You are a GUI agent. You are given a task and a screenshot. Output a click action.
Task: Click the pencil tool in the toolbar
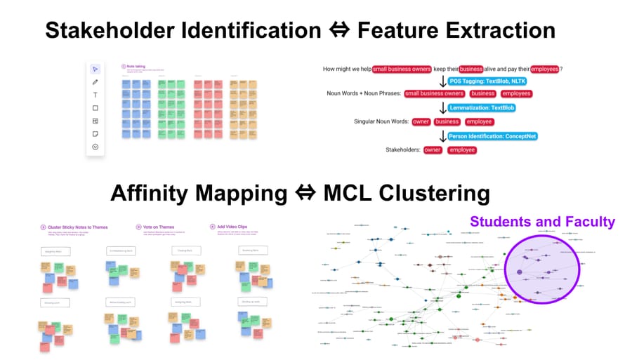tap(96, 82)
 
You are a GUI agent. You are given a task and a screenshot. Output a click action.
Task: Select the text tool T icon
tap(96, 95)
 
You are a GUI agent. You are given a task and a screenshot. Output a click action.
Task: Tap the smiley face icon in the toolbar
tap(96, 147)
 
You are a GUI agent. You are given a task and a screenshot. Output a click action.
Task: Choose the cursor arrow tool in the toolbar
tap(96, 69)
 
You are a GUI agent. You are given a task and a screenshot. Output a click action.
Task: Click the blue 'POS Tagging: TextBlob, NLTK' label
tap(487, 81)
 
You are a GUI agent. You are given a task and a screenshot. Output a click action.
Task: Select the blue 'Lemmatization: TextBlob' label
tap(482, 108)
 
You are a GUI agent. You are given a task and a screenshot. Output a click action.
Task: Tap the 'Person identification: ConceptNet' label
tap(494, 135)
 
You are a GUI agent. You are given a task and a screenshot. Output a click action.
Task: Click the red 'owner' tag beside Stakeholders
tap(433, 149)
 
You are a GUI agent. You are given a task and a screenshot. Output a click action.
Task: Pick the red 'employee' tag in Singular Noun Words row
tap(480, 121)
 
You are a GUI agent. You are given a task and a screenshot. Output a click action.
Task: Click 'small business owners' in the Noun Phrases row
tap(434, 93)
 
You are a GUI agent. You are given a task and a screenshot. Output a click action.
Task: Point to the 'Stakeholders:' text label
tap(402, 149)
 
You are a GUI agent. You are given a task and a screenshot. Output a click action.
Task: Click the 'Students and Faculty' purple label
tap(542, 222)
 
